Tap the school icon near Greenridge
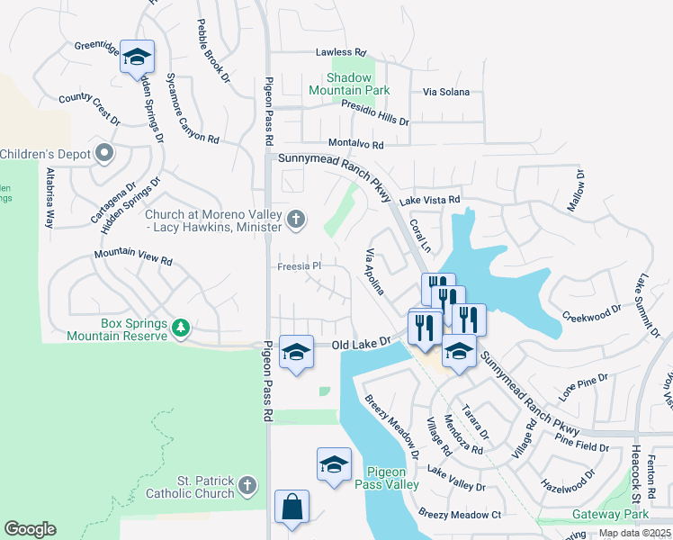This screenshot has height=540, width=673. point(137,58)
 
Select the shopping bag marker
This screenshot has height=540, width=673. point(292,508)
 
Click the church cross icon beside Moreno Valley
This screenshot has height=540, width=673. point(295,219)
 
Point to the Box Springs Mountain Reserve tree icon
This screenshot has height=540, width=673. point(182,326)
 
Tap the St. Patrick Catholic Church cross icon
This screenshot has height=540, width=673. point(248,487)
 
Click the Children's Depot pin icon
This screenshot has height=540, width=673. point(105,154)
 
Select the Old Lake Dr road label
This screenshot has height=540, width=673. point(363,343)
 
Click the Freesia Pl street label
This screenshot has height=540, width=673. point(298,266)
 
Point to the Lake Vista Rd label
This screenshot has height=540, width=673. point(430,200)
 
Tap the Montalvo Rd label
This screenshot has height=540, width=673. point(355,144)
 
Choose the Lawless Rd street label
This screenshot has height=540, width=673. point(341,53)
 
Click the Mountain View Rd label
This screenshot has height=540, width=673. point(133,258)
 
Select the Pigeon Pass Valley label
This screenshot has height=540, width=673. point(392,478)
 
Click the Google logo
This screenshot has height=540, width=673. point(30,529)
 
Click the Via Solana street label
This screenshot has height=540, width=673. point(448,92)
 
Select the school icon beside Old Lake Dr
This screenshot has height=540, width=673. point(296,352)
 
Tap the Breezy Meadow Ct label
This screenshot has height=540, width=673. point(459,514)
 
